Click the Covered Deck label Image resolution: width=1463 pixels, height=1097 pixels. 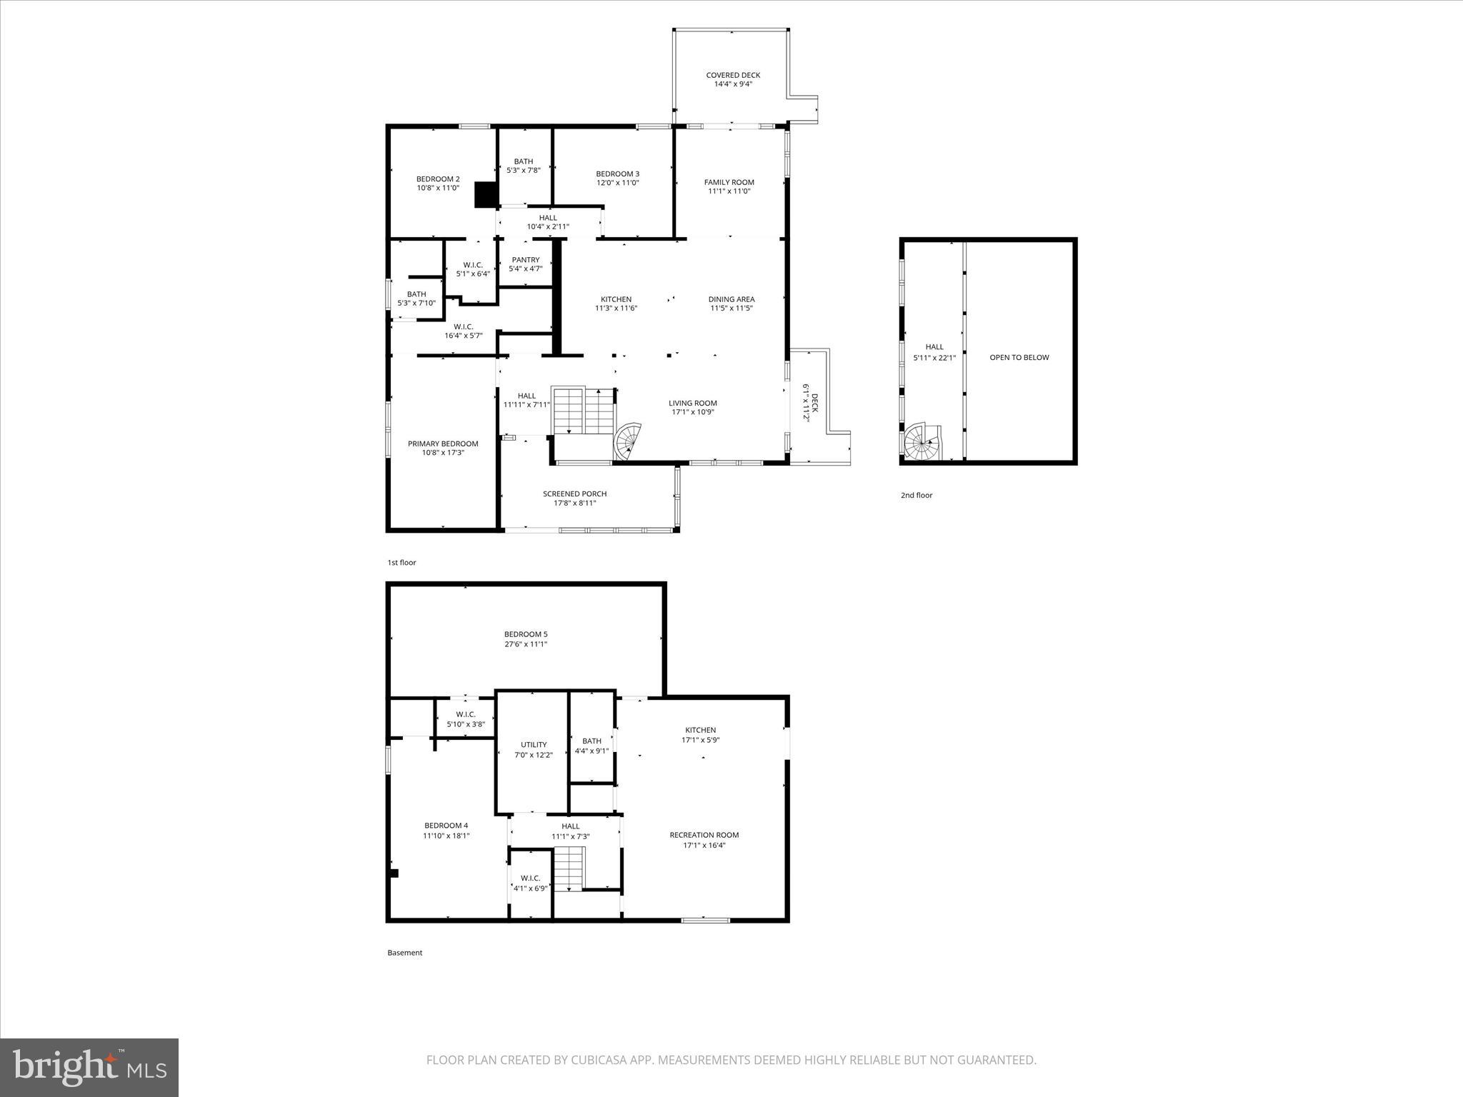coord(733,75)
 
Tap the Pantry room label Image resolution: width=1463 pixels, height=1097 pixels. coord(525,260)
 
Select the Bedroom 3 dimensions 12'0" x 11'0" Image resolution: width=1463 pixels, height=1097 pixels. coord(617,183)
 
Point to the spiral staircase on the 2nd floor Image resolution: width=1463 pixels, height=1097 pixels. coord(922,443)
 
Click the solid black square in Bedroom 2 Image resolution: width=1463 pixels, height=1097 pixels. coord(486,194)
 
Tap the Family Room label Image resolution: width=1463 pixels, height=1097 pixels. coord(729,182)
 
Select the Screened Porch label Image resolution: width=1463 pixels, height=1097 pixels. coord(574,494)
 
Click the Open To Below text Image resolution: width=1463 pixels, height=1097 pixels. coord(1019,357)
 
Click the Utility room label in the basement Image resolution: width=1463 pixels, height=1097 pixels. coord(534,744)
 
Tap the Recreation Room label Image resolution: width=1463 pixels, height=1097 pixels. coord(704,835)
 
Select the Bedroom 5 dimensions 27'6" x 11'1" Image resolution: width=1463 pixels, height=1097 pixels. coord(526,644)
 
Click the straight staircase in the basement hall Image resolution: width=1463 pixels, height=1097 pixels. coord(569,867)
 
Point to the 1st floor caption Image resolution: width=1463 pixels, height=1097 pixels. coord(401,562)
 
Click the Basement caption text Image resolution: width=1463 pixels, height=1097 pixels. coord(404,952)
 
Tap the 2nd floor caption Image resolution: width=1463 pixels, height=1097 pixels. coord(916,495)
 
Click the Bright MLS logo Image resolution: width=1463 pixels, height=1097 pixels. coord(89,1067)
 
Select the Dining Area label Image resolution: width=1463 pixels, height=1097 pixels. coord(731,299)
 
